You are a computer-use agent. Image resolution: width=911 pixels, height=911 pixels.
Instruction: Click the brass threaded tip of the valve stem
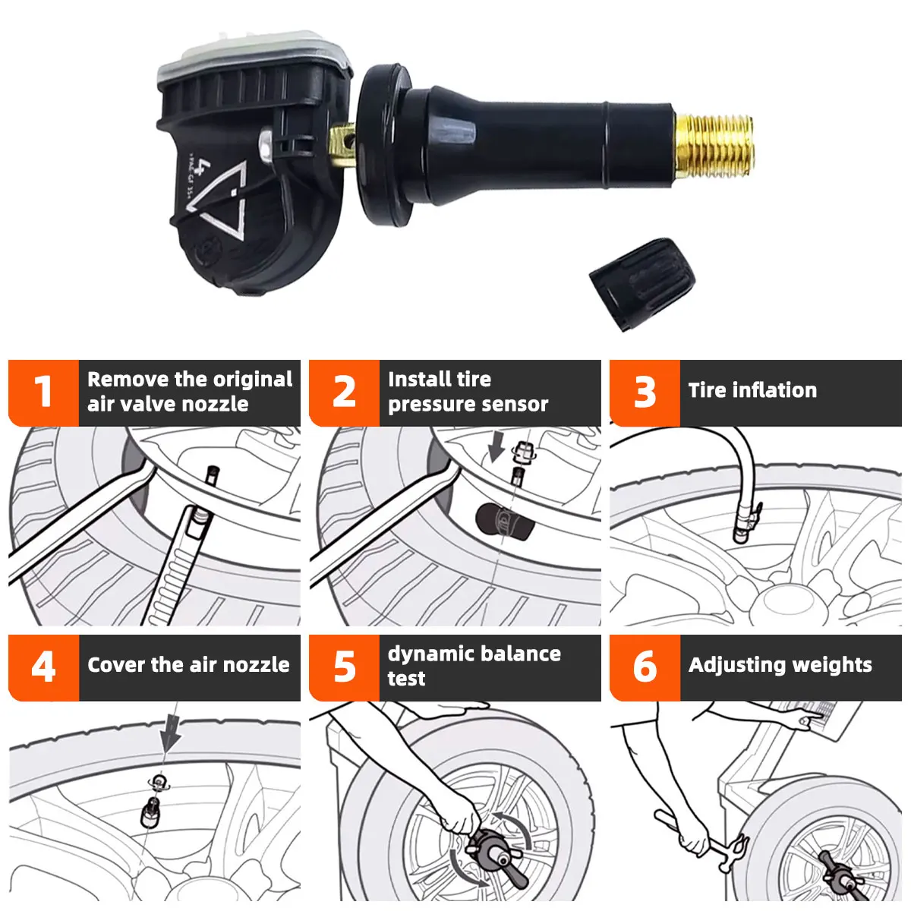coord(713,145)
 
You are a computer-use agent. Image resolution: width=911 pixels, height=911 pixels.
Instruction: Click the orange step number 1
coord(43,392)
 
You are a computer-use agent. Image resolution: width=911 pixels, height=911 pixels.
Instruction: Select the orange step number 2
coord(344,392)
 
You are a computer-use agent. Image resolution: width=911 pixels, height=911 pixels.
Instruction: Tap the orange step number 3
coord(645,392)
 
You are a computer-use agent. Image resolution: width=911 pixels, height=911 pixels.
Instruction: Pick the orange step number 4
coord(43,667)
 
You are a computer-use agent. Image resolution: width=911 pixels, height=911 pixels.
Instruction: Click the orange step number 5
coord(344,667)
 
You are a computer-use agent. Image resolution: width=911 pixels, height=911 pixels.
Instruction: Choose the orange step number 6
coord(645,667)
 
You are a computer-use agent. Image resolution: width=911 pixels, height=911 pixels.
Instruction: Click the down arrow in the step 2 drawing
coord(496,447)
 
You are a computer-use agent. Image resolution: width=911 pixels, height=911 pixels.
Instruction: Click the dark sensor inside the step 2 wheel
coord(504,522)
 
